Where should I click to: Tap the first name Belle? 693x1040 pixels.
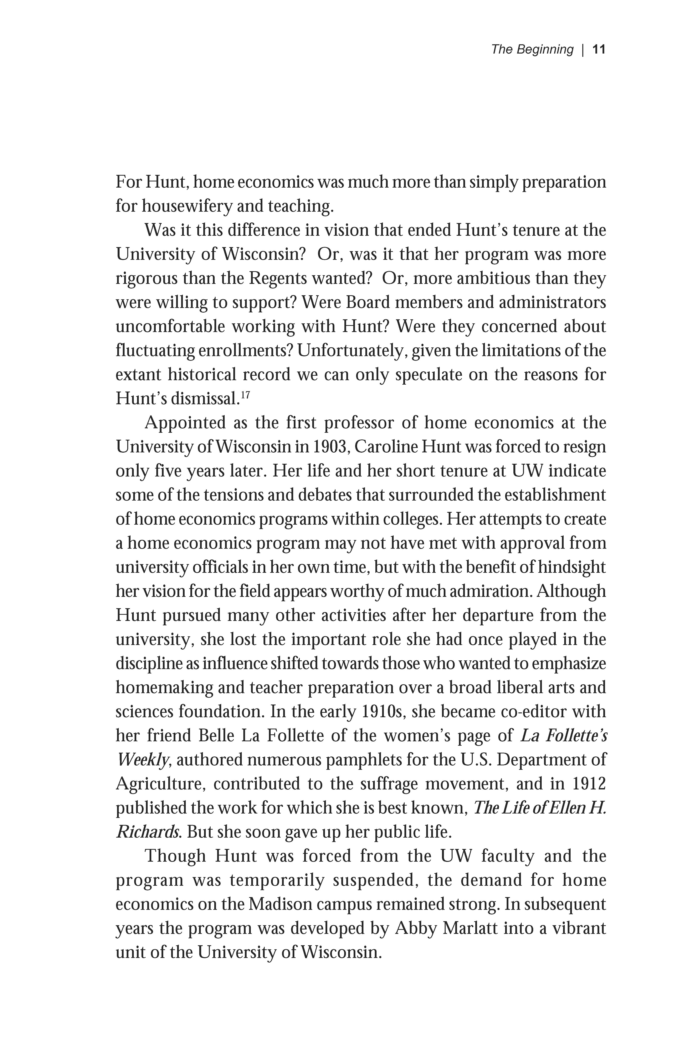[x=216, y=736]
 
